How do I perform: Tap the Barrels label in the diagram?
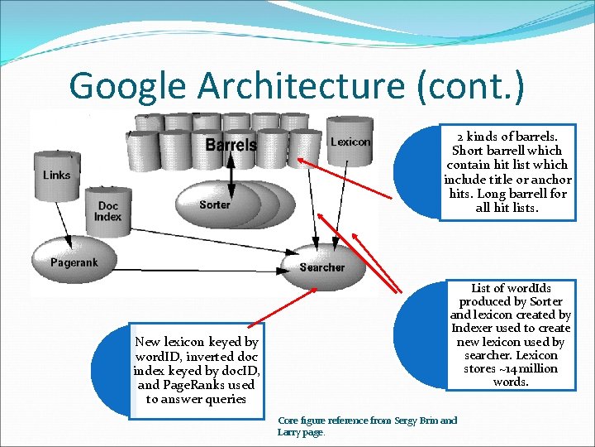point(231,146)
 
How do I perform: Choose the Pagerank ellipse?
point(74,262)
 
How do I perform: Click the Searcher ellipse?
point(321,267)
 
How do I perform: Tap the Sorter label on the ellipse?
point(215,204)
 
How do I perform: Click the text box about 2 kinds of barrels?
point(507,172)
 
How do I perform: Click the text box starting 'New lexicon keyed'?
point(196,370)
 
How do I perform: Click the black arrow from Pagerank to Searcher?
point(198,270)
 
